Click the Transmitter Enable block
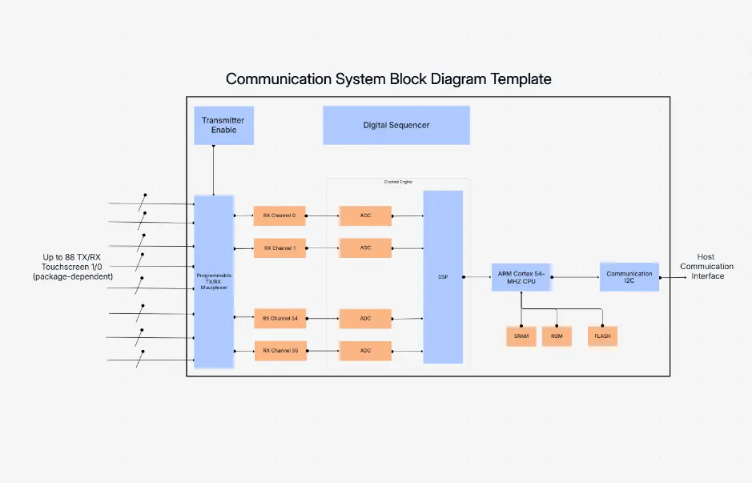coord(223,125)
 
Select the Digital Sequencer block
coord(396,125)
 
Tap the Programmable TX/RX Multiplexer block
coord(214,281)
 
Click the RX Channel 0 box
coord(280,215)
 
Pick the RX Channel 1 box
coord(280,248)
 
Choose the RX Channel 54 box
coord(280,318)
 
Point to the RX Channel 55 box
coord(280,350)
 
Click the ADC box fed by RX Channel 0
coord(365,215)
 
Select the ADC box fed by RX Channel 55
coord(365,350)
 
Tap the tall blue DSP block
coord(443,277)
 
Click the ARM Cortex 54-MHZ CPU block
coord(521,277)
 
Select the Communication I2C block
coord(629,277)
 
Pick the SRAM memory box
coord(521,336)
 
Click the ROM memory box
coord(557,336)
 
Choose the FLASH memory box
coord(602,336)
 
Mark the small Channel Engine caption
coord(398,182)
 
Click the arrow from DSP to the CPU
coord(477,277)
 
